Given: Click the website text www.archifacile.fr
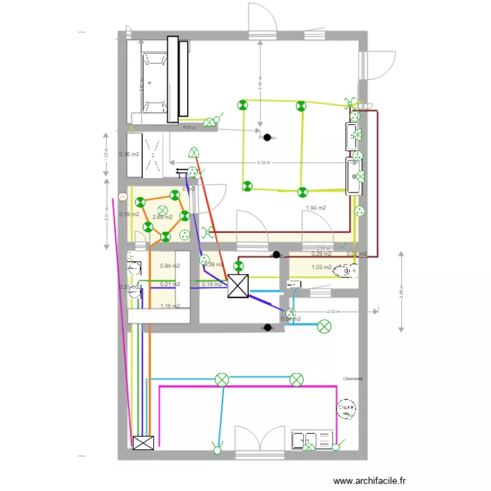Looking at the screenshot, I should coord(369,481).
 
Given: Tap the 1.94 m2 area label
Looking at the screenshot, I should coord(316,208).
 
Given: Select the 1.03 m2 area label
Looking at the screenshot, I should coord(321,267).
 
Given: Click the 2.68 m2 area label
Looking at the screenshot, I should coord(162,217).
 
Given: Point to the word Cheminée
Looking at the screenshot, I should coord(352,378).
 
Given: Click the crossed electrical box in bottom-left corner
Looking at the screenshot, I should coord(143,443).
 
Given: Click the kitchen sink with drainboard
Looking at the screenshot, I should coord(314,441).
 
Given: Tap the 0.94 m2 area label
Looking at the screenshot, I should coord(170,266).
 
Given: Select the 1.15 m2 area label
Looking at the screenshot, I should coord(170,306).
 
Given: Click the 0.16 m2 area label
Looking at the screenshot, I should coord(129,155).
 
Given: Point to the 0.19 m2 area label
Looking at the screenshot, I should coord(129,214).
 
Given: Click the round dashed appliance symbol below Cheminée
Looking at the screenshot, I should coord(345,410).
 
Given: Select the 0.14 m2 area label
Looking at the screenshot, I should coord(211,284).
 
